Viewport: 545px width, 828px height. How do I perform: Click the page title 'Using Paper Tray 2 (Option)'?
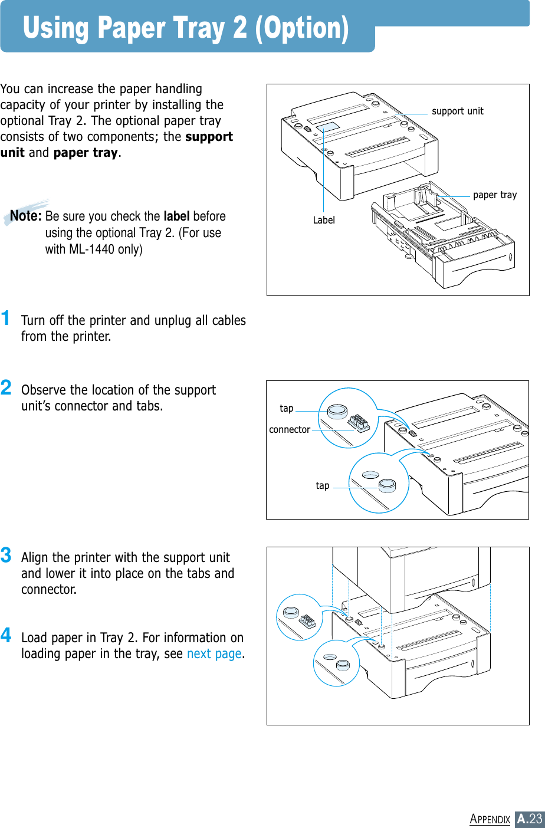[x=186, y=28]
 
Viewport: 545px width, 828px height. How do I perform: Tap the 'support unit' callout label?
[x=457, y=111]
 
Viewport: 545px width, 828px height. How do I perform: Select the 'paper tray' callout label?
[x=494, y=195]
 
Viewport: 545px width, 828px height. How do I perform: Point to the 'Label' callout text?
[x=324, y=220]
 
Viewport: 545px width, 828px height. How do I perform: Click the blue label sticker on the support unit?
[x=327, y=127]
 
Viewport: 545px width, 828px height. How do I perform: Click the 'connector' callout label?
[x=290, y=430]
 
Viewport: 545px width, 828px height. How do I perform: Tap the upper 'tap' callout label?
[x=287, y=408]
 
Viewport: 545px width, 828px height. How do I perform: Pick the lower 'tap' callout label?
[x=323, y=486]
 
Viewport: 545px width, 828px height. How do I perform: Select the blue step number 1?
[x=6, y=318]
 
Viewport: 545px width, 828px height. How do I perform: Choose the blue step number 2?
[x=6, y=388]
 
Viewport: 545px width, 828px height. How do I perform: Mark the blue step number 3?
[x=6, y=556]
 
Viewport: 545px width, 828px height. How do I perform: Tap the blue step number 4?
[x=6, y=636]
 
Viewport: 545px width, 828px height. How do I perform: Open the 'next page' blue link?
[x=214, y=654]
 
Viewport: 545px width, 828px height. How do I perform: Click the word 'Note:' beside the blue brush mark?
[x=25, y=216]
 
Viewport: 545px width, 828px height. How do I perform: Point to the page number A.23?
[x=529, y=819]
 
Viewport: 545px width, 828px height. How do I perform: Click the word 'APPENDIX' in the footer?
[x=490, y=819]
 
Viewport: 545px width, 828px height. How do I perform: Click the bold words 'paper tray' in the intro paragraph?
[x=86, y=153]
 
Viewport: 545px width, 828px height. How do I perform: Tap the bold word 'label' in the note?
[x=176, y=216]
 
